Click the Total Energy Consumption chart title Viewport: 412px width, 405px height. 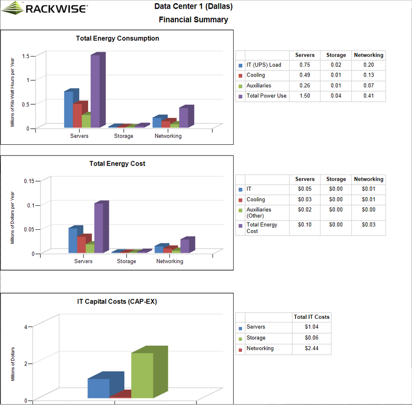pos(117,38)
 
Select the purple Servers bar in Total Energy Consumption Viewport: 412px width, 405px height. pos(95,91)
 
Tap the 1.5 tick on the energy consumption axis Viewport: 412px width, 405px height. pos(26,56)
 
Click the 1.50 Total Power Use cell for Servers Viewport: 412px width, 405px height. pos(305,96)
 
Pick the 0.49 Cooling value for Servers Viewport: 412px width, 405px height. pos(305,75)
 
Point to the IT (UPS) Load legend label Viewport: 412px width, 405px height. pos(264,65)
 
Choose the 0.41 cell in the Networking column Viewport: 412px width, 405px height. pos(368,96)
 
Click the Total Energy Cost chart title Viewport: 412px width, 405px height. pos(117,164)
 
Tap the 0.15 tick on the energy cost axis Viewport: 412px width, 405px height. pos(29,181)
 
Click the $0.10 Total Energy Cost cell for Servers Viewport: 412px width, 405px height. pos(305,225)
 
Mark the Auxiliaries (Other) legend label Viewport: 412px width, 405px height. pos(259,212)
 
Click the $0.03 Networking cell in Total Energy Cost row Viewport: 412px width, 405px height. pos(368,225)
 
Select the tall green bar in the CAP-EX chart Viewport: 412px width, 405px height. pos(143,375)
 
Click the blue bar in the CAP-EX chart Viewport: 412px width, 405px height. pos(98,388)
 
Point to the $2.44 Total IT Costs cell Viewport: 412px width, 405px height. pos(311,348)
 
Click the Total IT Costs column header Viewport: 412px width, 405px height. pos(311,317)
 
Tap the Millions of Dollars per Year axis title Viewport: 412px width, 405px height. pos(13,217)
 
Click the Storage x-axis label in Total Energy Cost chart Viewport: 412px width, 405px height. pos(126,261)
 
